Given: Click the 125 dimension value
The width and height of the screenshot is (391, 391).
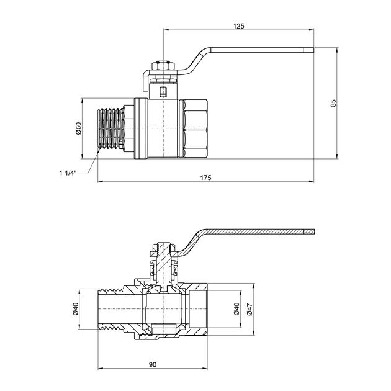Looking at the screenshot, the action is click(239, 26).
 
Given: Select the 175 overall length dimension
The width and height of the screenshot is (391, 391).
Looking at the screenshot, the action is click(205, 178).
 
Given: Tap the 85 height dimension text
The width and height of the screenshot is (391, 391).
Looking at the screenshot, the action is click(333, 103).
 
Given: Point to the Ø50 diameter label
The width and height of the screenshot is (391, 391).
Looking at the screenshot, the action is click(78, 128).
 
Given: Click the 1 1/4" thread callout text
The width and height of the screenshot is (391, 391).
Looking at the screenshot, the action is click(68, 173).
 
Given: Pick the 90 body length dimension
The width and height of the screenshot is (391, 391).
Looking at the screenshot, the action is click(153, 364).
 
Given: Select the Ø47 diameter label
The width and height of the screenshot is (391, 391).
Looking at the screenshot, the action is click(250, 308).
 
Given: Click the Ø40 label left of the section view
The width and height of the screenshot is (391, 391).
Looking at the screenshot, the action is click(76, 308).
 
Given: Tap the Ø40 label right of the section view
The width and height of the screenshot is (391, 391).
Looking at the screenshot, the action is click(236, 308).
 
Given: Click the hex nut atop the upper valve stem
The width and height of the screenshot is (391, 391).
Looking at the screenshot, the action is click(164, 66).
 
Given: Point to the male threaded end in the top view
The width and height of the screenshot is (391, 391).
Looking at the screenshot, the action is click(110, 128).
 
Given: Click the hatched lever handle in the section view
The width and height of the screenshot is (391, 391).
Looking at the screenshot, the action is click(249, 231).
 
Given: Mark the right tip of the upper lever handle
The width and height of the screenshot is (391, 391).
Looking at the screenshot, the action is click(313, 50).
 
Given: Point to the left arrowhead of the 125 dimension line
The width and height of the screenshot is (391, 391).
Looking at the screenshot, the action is click(166, 30).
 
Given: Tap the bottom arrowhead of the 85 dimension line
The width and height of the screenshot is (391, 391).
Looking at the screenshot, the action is click(337, 156).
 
